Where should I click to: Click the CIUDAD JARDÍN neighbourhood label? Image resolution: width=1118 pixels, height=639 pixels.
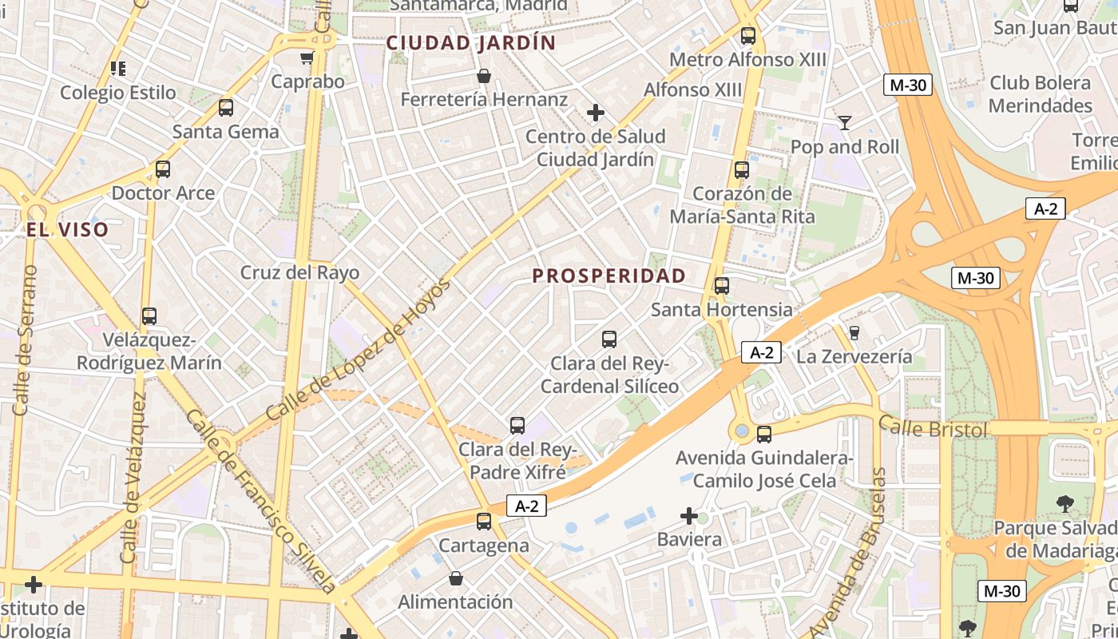click(x=471, y=43)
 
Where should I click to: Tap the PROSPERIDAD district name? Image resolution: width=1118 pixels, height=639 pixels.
click(x=609, y=276)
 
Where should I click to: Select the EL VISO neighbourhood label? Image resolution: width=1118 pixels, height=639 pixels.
click(x=67, y=231)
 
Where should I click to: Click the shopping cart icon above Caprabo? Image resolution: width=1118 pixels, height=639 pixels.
click(x=307, y=58)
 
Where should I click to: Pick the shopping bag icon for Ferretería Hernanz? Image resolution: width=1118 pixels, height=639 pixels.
click(x=483, y=76)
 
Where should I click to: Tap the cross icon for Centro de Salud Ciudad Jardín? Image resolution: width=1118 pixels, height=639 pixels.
click(x=595, y=113)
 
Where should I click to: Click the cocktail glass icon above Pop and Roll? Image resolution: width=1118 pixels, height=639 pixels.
click(x=844, y=122)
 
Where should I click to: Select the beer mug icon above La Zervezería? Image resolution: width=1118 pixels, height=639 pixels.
click(x=854, y=332)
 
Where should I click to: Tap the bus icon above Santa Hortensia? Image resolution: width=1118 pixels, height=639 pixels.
click(x=722, y=285)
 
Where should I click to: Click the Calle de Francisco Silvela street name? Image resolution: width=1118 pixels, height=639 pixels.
click(x=261, y=502)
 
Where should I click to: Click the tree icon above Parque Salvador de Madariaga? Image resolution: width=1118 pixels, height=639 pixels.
click(x=1064, y=503)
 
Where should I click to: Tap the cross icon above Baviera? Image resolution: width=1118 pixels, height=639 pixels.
click(x=689, y=516)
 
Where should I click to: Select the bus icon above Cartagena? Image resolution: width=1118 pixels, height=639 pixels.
click(x=483, y=522)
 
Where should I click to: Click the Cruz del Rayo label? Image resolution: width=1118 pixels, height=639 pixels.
click(x=299, y=272)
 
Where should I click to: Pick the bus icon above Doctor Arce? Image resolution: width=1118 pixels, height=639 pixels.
click(x=163, y=169)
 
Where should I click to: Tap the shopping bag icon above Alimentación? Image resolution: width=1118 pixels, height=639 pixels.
click(x=455, y=577)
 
